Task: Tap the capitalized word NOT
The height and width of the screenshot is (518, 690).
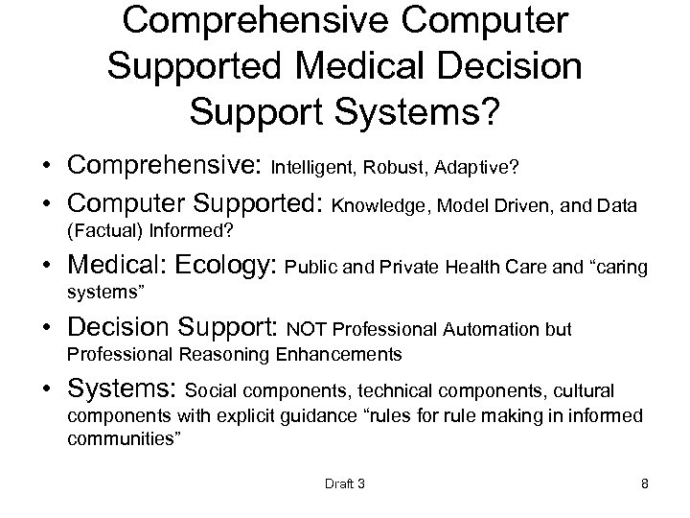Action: click(305, 330)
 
